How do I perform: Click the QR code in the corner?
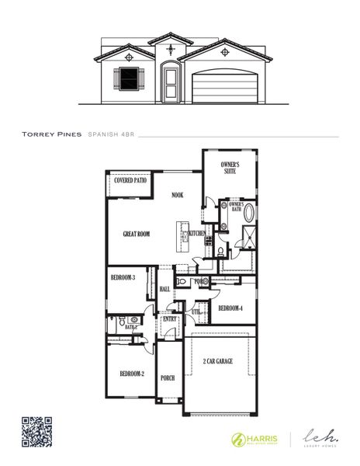[36, 432]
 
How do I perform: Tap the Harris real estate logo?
[252, 439]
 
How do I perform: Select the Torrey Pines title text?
[50, 134]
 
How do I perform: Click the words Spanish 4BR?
[112, 134]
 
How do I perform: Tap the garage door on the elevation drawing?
[225, 84]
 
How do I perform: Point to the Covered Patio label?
[130, 180]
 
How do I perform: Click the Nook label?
[178, 195]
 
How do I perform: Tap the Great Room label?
[136, 233]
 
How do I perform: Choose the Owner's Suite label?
[230, 169]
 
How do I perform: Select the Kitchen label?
[197, 233]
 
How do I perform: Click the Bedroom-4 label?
[230, 308]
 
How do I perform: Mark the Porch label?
[167, 377]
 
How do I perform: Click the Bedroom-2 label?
[131, 374]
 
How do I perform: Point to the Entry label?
[169, 318]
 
